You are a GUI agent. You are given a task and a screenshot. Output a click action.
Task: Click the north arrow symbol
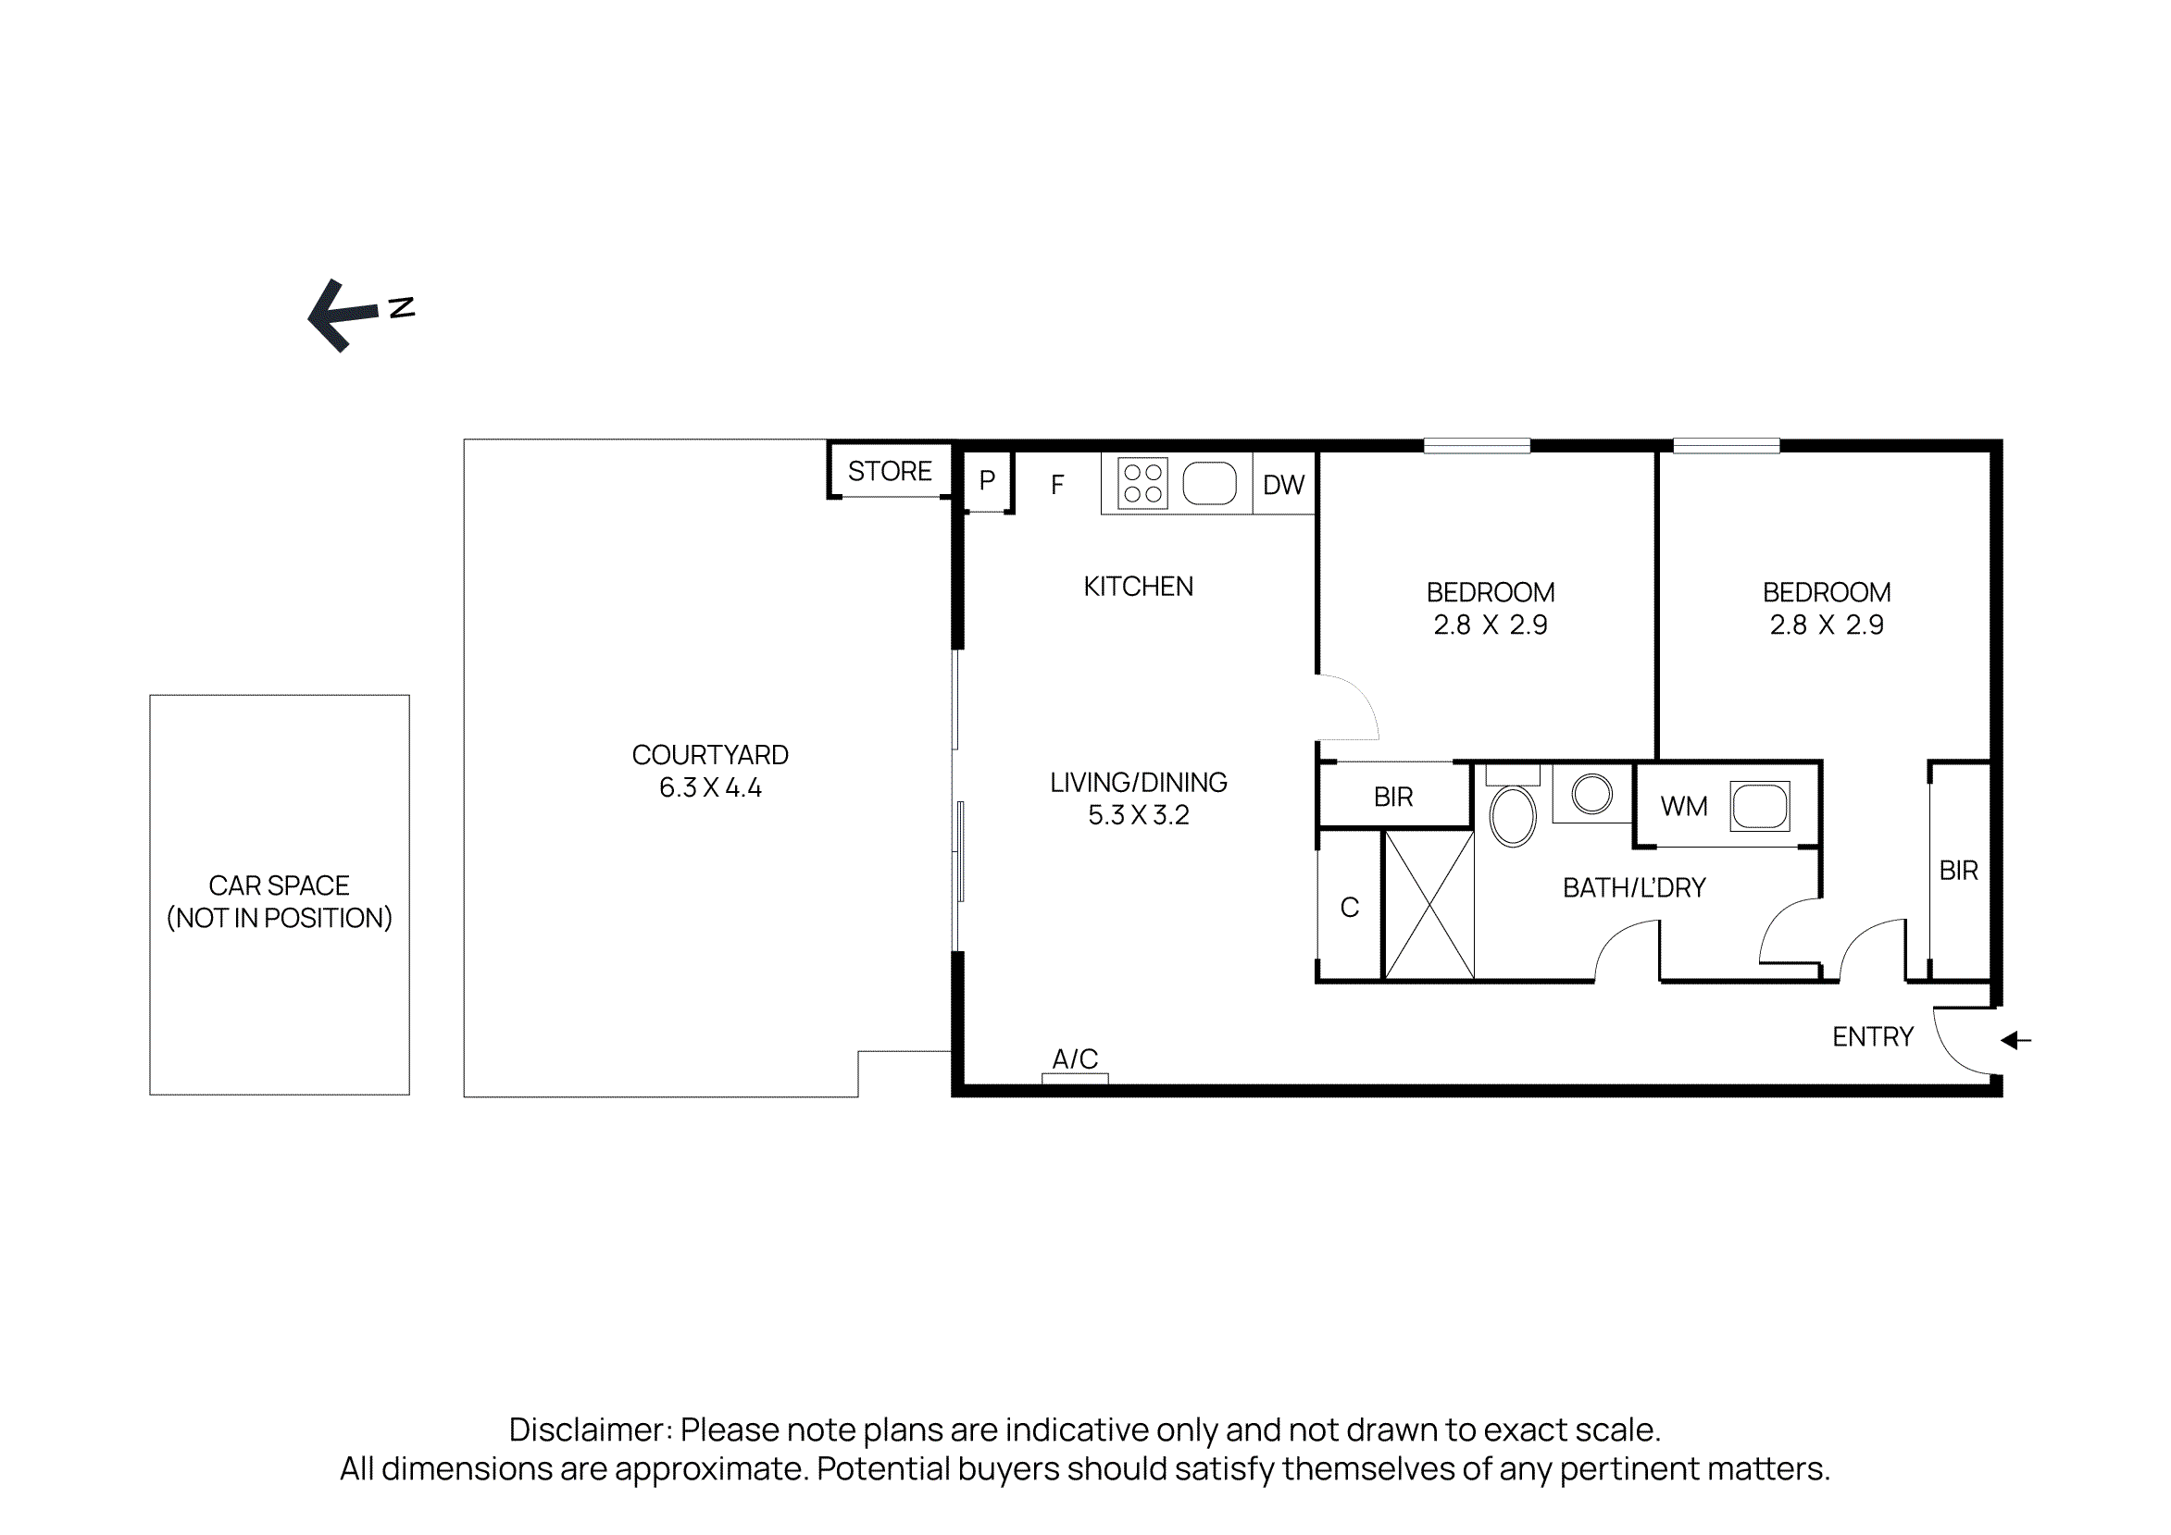344,315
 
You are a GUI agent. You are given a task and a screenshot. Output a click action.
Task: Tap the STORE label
889,471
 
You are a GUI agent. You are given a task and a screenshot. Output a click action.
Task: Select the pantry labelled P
986,481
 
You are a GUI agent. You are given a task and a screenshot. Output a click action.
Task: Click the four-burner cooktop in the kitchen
1142,483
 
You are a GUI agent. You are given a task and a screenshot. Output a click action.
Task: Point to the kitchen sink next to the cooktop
1208,483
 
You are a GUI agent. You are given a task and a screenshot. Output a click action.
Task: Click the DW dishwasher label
1283,485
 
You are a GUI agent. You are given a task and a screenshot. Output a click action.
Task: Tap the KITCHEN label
1138,586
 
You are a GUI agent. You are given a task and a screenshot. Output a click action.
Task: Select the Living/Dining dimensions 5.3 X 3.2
1138,815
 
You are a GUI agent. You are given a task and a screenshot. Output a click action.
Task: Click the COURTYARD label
709,754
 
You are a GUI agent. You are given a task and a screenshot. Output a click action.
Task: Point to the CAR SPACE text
279,885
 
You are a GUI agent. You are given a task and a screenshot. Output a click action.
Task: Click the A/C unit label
1074,1058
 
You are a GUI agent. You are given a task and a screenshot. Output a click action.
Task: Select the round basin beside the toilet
1591,793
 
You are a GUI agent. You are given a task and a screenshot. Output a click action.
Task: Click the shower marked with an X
1429,905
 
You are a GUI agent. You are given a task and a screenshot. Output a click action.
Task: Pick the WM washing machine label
1683,806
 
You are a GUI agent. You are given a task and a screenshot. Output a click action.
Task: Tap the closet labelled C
1349,908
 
